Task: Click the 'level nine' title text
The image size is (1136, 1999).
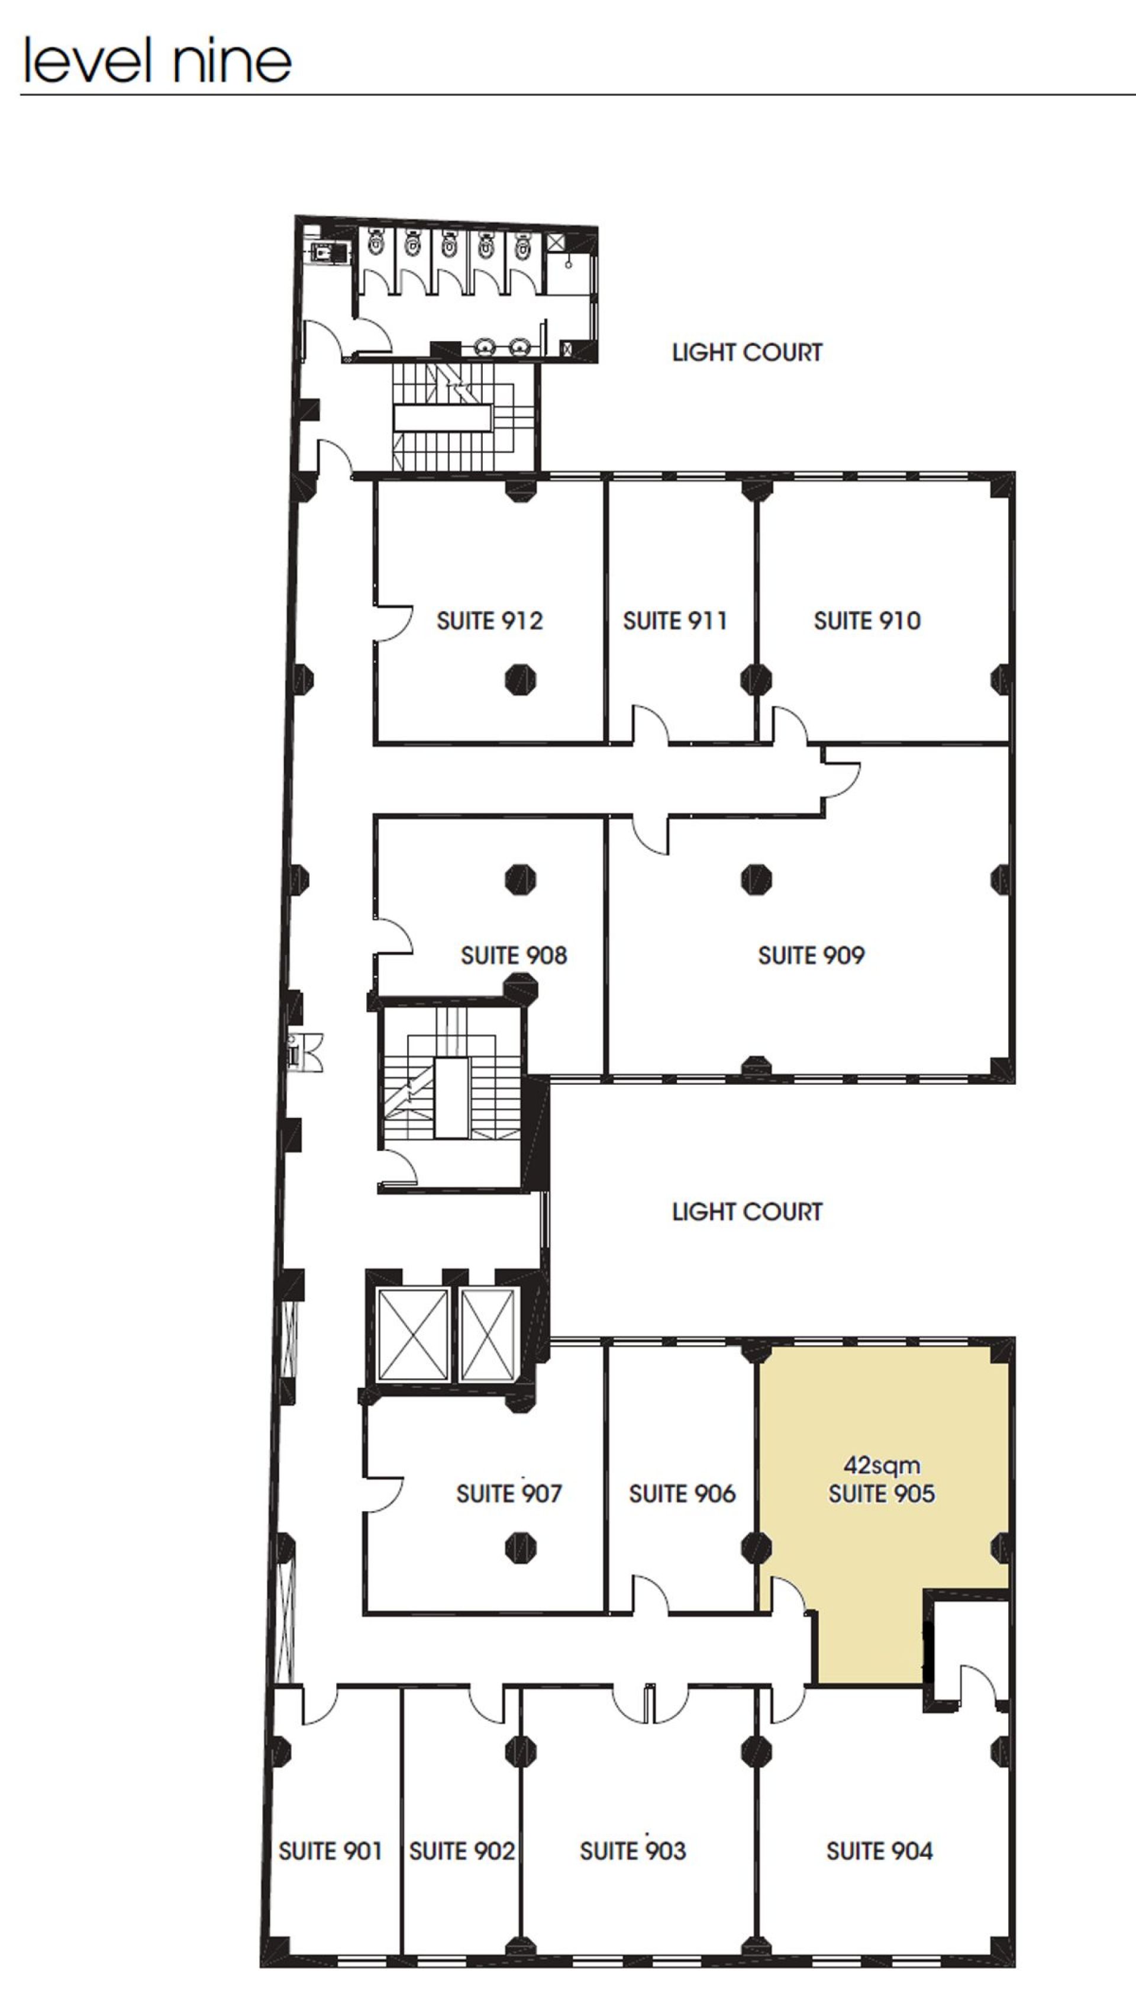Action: pos(157,60)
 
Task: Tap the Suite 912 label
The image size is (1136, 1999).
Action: pos(489,621)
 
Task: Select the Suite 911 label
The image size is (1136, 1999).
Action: pos(675,621)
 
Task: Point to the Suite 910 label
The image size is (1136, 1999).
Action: pos(867,621)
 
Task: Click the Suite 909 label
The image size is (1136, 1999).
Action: pos(811,956)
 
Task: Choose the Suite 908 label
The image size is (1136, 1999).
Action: pos(514,956)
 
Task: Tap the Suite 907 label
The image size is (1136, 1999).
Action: pos(509,1493)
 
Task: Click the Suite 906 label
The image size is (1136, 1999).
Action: pos(682,1493)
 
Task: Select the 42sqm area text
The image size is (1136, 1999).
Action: pos(882,1465)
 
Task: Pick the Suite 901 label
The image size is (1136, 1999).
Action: pos(330,1851)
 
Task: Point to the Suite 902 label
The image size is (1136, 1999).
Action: pos(462,1851)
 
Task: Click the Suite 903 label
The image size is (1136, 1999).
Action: pos(632,1851)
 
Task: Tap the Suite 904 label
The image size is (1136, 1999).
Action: pos(879,1851)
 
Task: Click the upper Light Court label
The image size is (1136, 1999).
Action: pos(747,352)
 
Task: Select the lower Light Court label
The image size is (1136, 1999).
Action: pos(747,1211)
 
